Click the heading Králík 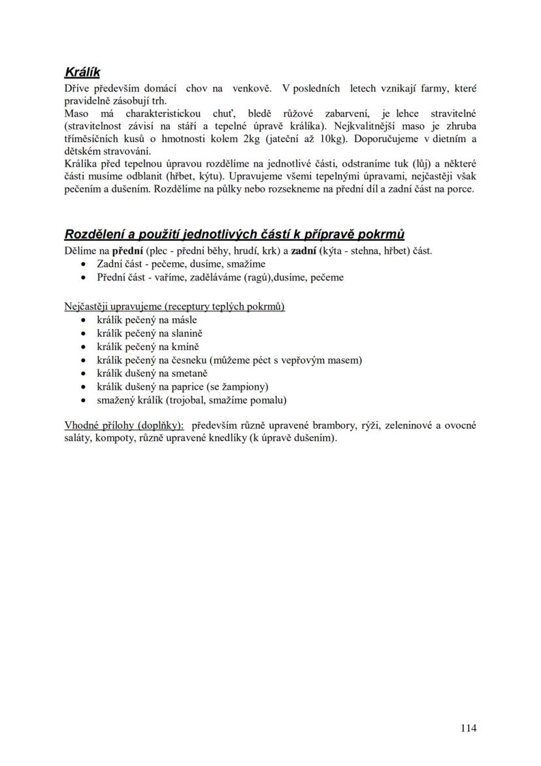(x=82, y=71)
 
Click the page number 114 (x=468, y=728)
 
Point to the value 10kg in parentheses (x=332, y=139)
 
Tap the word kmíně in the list (x=186, y=347)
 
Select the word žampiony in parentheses (x=244, y=387)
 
